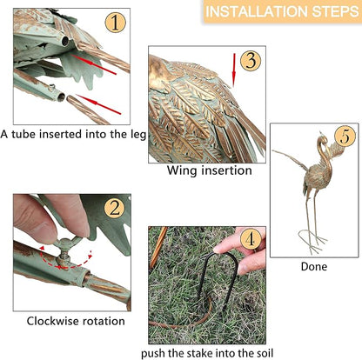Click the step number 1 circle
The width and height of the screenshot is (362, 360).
coord(115,23)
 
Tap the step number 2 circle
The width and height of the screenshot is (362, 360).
coord(115,208)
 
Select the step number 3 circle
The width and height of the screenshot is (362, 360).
coord(251,61)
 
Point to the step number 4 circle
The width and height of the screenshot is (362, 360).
coord(251,239)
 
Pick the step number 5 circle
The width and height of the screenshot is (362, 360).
coord(345,136)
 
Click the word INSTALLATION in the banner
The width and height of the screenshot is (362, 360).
coord(256,11)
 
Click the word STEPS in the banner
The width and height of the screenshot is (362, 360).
coord(334,11)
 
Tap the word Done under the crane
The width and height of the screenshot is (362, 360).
coord(314,266)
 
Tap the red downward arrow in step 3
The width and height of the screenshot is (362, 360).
coord(233,70)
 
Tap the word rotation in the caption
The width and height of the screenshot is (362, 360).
coord(104,321)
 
